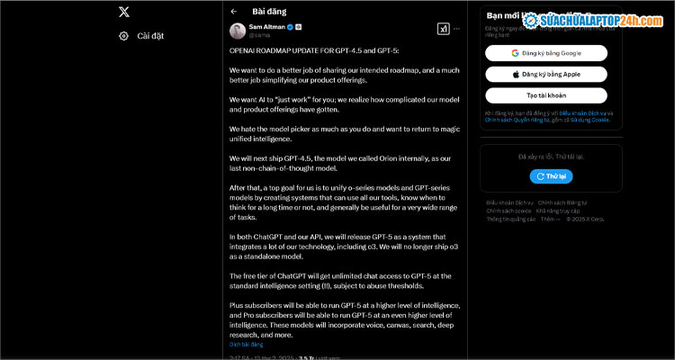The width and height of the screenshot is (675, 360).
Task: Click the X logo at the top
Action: [x=124, y=13]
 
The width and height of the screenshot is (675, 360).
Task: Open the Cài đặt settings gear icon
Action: [x=124, y=36]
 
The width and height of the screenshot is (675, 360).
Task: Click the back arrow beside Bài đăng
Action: [x=234, y=12]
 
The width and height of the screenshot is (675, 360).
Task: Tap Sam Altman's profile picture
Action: [x=237, y=31]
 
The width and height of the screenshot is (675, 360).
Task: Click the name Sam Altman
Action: [x=267, y=27]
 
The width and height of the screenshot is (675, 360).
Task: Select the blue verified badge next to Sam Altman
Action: [x=290, y=27]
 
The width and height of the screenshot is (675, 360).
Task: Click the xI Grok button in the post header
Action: [x=443, y=29]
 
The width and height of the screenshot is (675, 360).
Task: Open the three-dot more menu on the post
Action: [x=457, y=29]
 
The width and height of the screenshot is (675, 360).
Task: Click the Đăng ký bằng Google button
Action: [x=546, y=53]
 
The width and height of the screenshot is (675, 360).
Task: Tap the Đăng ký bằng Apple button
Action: [x=546, y=74]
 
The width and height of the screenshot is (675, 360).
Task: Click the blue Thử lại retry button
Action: [x=551, y=176]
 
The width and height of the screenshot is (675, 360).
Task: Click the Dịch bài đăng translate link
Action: [x=246, y=344]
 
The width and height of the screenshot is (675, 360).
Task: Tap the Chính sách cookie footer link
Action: [x=505, y=211]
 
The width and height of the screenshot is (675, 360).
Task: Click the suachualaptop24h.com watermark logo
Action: [x=594, y=19]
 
